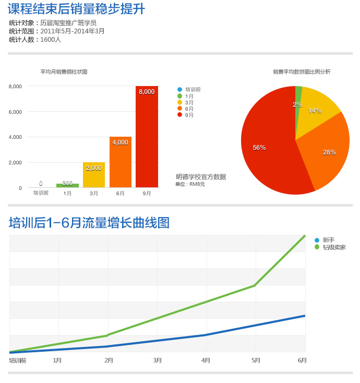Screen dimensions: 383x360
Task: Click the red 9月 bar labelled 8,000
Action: point(147,138)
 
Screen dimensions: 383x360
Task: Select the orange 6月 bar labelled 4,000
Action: point(120,163)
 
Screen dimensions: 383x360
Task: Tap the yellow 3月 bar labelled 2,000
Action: point(94,176)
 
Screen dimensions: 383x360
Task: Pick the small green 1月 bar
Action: point(67,185)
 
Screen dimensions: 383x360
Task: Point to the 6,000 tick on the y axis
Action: point(15,112)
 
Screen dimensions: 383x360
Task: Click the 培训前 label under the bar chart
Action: point(41,193)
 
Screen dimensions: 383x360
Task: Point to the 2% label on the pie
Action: point(297,105)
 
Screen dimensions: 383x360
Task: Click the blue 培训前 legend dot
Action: point(179,90)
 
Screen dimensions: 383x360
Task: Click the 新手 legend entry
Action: point(328,240)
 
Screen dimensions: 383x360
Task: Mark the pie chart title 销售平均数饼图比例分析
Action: point(302,72)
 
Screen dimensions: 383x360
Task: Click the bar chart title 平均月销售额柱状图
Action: point(64,72)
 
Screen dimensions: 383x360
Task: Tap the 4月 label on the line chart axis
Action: point(206,361)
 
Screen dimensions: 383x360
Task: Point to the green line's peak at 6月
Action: point(305,236)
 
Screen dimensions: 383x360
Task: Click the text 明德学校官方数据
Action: point(201,177)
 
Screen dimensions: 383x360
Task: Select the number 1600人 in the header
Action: point(51,40)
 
